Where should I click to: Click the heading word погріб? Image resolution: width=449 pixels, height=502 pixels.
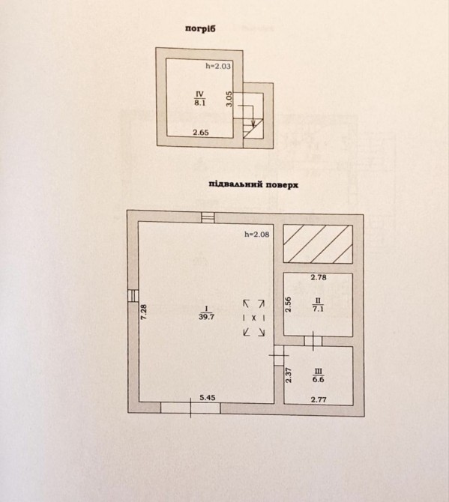pyautogui.click(x=200, y=28)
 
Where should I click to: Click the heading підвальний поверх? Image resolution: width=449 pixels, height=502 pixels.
pyautogui.click(x=253, y=185)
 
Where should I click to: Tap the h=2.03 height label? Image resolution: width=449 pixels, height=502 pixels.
pyautogui.click(x=218, y=66)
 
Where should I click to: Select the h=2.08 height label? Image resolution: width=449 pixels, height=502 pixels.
pyautogui.click(x=257, y=235)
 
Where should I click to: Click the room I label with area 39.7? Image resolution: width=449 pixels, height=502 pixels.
pyautogui.click(x=207, y=312)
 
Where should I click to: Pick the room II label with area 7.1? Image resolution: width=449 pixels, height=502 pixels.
pyautogui.click(x=319, y=304)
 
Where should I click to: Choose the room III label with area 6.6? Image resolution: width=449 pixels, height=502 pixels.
pyautogui.click(x=319, y=375)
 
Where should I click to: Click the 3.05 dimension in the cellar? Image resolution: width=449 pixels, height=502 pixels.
pyautogui.click(x=229, y=99)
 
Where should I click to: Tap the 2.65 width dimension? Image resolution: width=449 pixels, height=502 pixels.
pyautogui.click(x=201, y=133)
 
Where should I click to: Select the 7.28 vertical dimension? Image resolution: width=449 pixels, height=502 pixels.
pyautogui.click(x=144, y=312)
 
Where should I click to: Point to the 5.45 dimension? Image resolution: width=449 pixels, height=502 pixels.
pyautogui.click(x=208, y=398)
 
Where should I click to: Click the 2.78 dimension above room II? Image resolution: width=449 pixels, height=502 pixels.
pyautogui.click(x=319, y=277)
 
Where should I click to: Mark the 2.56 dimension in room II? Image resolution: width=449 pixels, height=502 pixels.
pyautogui.click(x=289, y=304)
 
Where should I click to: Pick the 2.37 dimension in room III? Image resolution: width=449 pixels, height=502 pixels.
pyautogui.click(x=289, y=375)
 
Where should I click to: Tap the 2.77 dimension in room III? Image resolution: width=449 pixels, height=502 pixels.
pyautogui.click(x=319, y=399)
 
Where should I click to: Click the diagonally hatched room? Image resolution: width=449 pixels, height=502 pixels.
pyautogui.click(x=319, y=244)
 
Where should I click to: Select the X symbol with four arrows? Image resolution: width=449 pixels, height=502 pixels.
pyautogui.click(x=254, y=318)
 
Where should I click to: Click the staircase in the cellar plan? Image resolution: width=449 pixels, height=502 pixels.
pyautogui.click(x=253, y=128)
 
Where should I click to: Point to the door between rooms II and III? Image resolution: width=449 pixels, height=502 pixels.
pyautogui.click(x=313, y=341)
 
